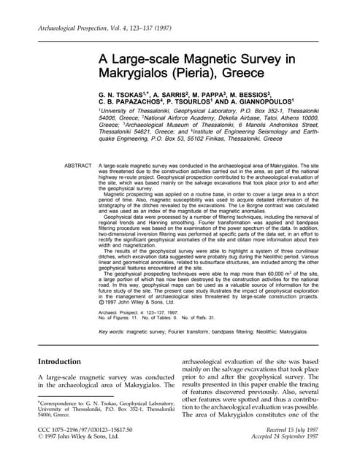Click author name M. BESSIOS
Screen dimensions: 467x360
275,95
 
